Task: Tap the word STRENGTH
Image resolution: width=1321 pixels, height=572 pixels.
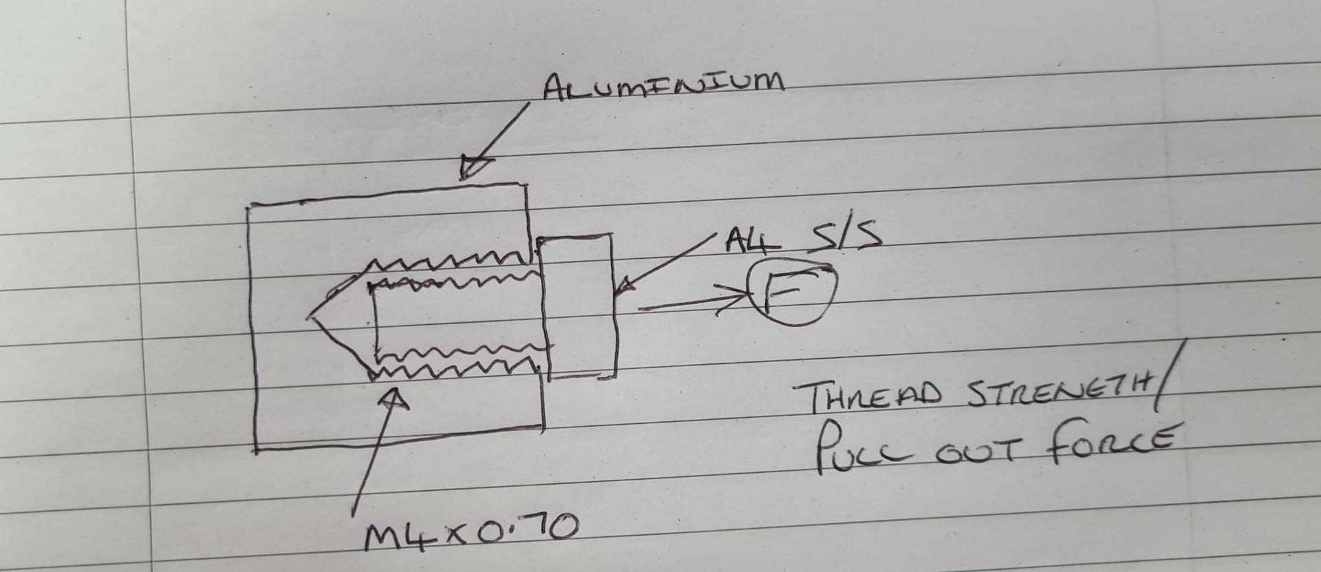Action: tap(1060, 392)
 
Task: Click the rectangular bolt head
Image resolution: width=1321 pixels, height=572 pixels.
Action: tap(579, 306)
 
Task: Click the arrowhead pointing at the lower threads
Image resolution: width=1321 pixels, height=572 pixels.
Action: tap(393, 399)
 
